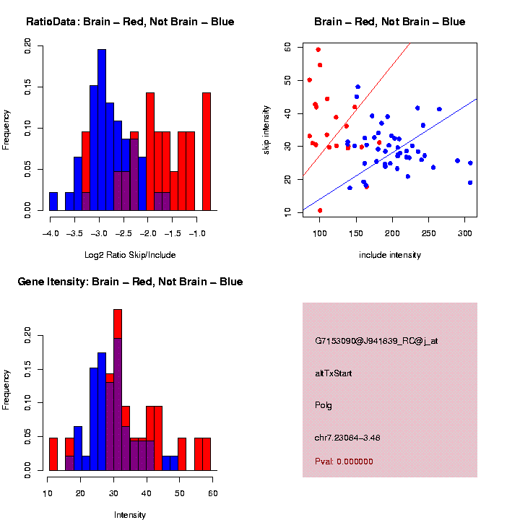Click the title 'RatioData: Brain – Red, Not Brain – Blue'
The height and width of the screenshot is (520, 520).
click(x=130, y=22)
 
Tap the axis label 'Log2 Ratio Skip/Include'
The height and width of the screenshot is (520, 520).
click(x=130, y=254)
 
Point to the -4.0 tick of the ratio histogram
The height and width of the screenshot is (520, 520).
click(x=50, y=233)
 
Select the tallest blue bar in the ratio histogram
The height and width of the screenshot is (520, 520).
click(x=102, y=130)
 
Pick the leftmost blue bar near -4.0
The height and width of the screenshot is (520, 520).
click(x=53, y=204)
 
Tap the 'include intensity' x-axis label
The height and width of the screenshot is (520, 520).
click(x=390, y=255)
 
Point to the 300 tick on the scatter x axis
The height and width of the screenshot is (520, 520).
click(x=464, y=233)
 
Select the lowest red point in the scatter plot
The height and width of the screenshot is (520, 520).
click(x=320, y=210)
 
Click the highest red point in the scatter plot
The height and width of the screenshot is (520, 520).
click(x=318, y=50)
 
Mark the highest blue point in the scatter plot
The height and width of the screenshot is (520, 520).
click(x=357, y=87)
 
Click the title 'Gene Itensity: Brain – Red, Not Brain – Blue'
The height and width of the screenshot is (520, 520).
click(x=130, y=281)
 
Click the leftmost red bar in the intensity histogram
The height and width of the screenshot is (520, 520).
click(x=53, y=454)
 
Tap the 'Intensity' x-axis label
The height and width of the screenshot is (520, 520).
click(x=130, y=515)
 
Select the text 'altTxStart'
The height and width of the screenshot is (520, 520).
click(x=334, y=373)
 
